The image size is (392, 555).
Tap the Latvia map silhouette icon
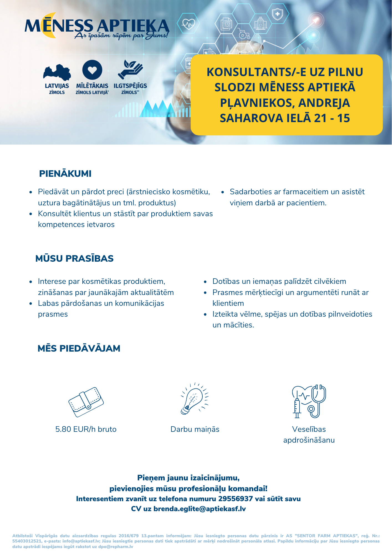(x=57, y=73)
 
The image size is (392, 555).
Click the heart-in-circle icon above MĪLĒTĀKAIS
(x=92, y=70)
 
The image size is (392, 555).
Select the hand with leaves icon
(x=130, y=69)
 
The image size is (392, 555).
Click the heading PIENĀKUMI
(x=65, y=174)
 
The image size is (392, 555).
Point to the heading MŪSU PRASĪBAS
(x=75, y=258)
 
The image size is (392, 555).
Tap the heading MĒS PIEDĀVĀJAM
(x=79, y=349)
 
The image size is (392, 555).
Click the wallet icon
(x=86, y=402)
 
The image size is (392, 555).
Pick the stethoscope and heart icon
(x=309, y=401)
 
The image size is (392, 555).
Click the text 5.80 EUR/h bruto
(x=86, y=429)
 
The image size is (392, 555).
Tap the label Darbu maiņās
(x=195, y=430)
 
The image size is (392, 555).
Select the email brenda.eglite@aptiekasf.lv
(x=200, y=509)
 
